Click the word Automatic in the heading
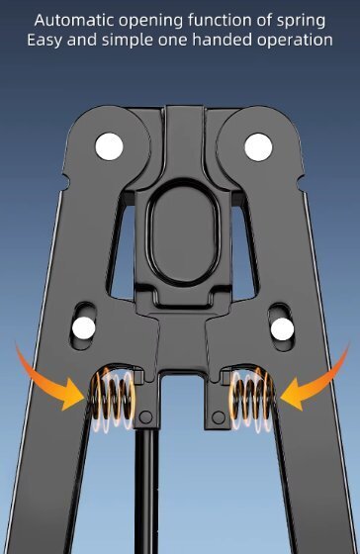(75, 20)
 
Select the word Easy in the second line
(45, 41)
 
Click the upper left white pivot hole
(109, 146)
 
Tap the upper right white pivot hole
(258, 146)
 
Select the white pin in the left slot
(84, 327)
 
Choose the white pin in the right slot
(282, 328)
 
